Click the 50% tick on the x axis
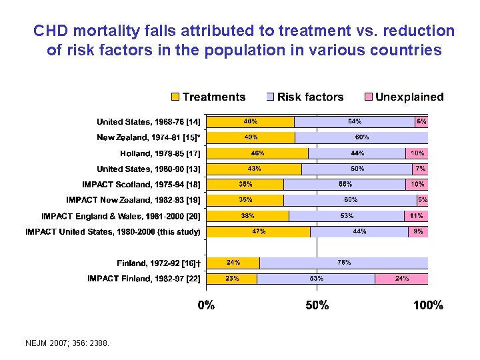click(x=317, y=305)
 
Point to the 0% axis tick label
click(x=205, y=305)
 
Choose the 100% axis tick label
click(x=427, y=305)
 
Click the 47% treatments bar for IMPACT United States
click(x=258, y=231)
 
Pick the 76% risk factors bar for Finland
click(x=343, y=263)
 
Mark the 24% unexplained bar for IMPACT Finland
click(x=401, y=279)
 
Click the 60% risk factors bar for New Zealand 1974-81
click(x=361, y=137)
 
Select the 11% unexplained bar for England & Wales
click(x=416, y=216)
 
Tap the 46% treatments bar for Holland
click(x=257, y=153)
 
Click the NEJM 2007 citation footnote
click(x=66, y=343)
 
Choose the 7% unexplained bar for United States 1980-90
click(x=420, y=169)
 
